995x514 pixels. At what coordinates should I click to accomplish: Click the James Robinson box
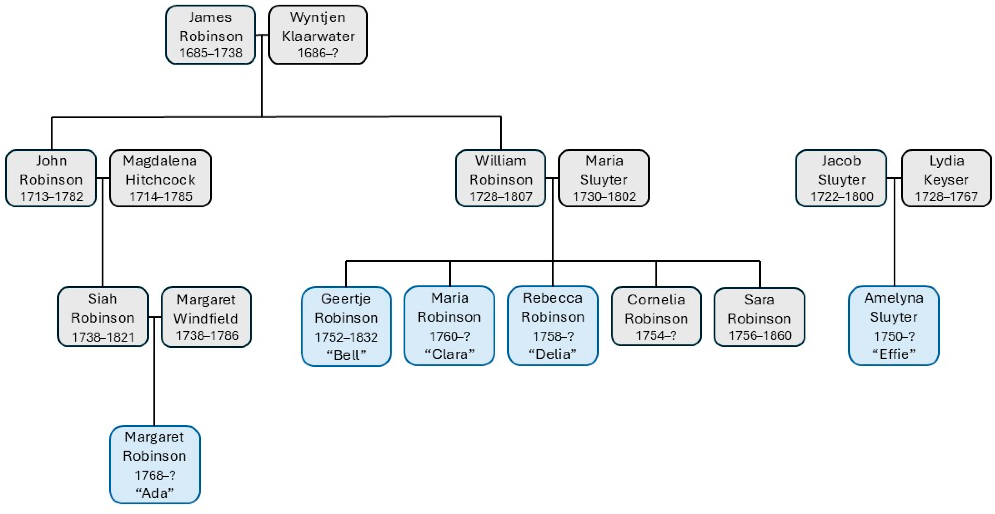(x=211, y=35)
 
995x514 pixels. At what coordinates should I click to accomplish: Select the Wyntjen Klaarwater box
(x=318, y=35)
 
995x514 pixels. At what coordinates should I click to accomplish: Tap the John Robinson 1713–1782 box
(x=51, y=178)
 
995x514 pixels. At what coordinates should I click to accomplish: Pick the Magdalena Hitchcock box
(x=160, y=178)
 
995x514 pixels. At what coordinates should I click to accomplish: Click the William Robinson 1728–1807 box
(x=501, y=178)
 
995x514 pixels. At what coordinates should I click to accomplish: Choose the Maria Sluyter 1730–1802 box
(x=604, y=178)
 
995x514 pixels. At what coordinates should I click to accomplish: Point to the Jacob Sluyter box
(x=841, y=178)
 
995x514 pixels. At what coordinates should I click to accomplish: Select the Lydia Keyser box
(x=946, y=178)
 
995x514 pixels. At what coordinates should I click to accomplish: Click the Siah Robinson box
(x=103, y=317)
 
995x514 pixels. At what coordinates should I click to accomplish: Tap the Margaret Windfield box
(x=206, y=317)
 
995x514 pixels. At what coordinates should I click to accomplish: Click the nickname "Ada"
(x=155, y=493)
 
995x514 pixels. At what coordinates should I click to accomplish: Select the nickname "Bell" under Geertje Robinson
(x=346, y=355)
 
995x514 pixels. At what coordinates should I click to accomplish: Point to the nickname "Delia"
(x=552, y=354)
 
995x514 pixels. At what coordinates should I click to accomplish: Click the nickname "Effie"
(x=894, y=354)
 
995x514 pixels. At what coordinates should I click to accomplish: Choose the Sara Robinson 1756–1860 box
(x=759, y=317)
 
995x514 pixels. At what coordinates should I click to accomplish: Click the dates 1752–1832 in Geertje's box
(x=346, y=337)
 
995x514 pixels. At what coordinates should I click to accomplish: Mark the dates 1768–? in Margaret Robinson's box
(x=155, y=475)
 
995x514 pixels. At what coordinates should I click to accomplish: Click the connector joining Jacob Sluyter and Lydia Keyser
(x=894, y=178)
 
